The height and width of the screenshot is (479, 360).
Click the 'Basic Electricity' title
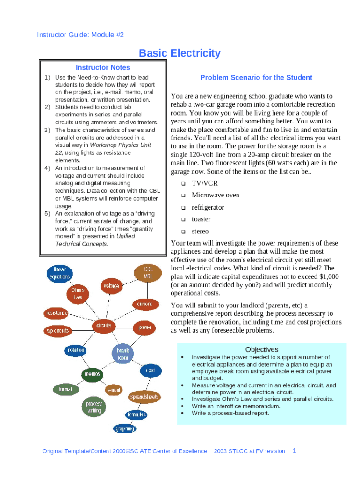180,53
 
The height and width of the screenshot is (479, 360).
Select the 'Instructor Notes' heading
103,68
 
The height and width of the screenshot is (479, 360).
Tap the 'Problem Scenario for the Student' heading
256,78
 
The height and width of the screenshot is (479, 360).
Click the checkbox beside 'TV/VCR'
183,184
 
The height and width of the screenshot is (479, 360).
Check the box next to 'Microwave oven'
183,196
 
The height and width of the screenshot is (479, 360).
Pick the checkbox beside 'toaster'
183,219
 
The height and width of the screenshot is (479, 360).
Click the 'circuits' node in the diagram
103,325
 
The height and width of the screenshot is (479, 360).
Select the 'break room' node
122,354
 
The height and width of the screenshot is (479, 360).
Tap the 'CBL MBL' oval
148,273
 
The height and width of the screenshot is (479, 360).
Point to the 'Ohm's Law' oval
79,294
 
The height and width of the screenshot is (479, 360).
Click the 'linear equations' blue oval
59,273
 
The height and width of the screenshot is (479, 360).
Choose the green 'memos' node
92,374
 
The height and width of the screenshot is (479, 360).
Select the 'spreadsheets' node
144,397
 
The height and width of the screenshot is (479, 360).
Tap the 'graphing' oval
125,428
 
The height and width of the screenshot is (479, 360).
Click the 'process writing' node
94,407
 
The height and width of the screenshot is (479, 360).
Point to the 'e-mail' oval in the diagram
114,390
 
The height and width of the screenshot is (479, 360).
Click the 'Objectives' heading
261,350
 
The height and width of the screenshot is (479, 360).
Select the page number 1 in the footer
294,451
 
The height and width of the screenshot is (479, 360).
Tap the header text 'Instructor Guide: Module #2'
80,35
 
